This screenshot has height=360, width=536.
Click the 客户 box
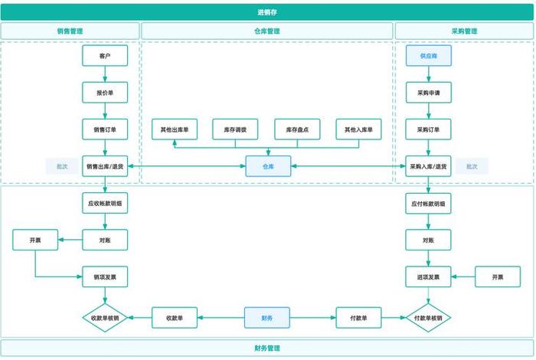(105, 56)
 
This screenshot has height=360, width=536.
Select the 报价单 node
(105, 92)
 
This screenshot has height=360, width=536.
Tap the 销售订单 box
(105, 129)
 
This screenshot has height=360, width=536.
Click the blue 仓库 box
(268, 165)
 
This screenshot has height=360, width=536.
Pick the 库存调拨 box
(234, 129)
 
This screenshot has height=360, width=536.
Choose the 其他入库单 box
(358, 129)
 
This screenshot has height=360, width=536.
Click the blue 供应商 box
(429, 56)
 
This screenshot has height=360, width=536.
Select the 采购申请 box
(429, 92)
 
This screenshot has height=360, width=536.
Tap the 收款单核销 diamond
(105, 317)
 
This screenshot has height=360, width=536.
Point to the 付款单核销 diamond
(429, 317)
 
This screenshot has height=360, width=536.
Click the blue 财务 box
(268, 317)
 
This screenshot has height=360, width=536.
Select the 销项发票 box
(105, 277)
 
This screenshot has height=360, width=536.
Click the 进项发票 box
(429, 277)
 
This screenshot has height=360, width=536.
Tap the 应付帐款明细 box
(429, 203)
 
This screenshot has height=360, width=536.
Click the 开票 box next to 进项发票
(498, 277)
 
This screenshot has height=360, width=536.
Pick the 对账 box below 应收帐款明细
(105, 240)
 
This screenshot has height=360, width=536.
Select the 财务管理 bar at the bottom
(268, 348)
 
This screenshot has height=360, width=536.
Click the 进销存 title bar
(268, 11)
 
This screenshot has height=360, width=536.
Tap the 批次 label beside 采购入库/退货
(472, 165)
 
